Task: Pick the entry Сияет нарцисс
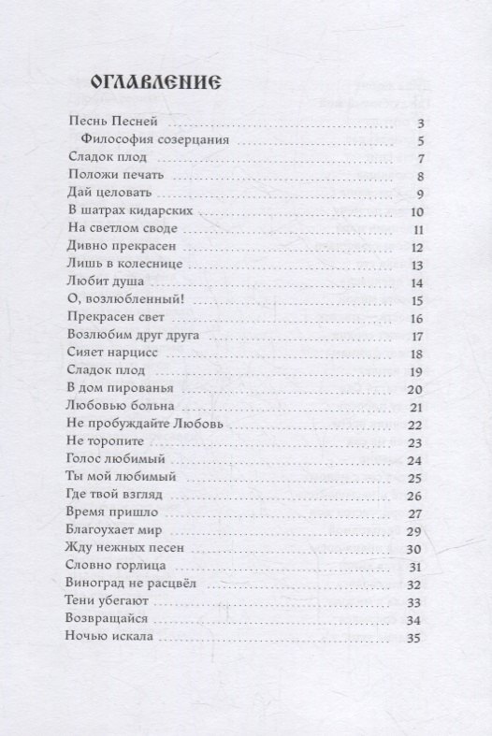point(108,354)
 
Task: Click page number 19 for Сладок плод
point(417,372)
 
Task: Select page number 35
point(416,639)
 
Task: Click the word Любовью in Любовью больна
point(96,407)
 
